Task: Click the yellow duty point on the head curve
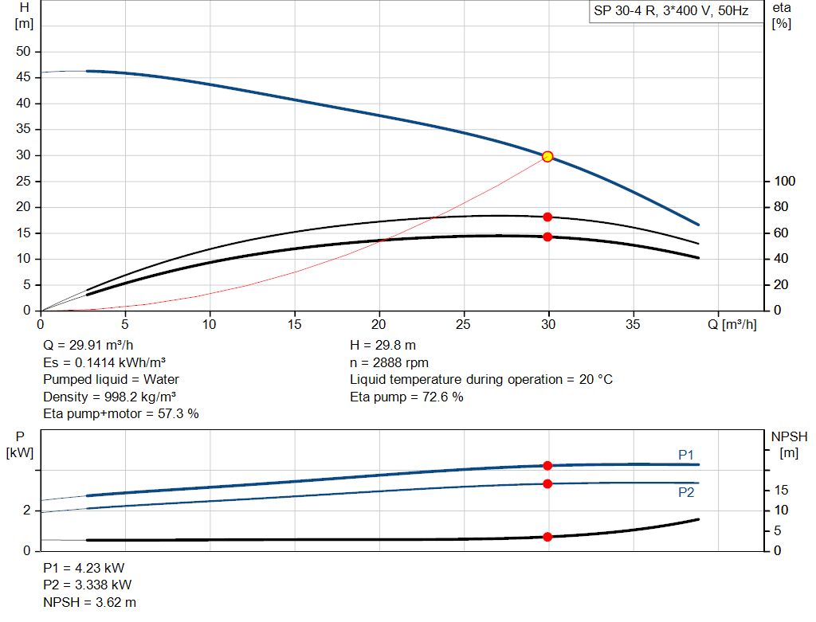(547, 156)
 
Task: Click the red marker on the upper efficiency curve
(547, 217)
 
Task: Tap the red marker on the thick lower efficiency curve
(547, 237)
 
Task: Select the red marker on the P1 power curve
(547, 465)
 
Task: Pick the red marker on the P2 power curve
(547, 483)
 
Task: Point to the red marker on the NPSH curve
(547, 537)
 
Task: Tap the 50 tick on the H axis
(23, 52)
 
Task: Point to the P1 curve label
(686, 455)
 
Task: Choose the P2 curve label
(686, 493)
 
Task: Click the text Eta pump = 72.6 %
(406, 397)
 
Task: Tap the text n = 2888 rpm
(389, 362)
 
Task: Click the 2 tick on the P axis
(26, 511)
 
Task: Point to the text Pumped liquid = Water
(111, 379)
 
